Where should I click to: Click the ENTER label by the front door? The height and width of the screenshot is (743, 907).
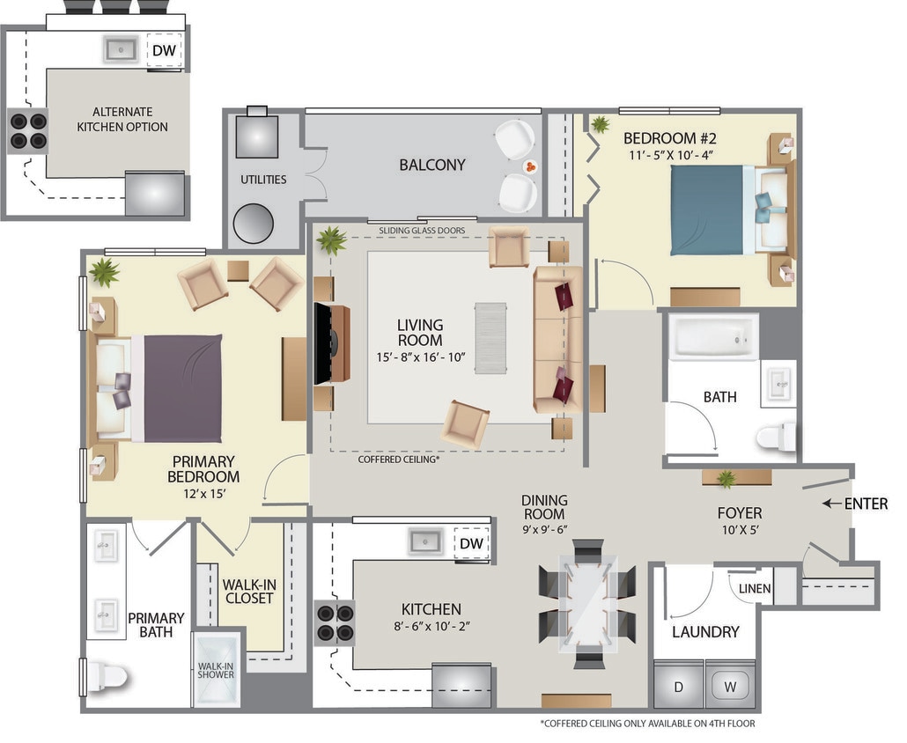pyautogui.click(x=866, y=504)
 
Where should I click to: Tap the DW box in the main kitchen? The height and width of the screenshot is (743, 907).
pyautogui.click(x=471, y=543)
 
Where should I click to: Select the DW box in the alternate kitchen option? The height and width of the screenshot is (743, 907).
pyautogui.click(x=164, y=51)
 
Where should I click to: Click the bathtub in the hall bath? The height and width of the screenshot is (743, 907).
pyautogui.click(x=713, y=336)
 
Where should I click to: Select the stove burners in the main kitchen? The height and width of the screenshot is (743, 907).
pyautogui.click(x=335, y=622)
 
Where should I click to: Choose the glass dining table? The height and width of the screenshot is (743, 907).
pyautogui.click(x=587, y=603)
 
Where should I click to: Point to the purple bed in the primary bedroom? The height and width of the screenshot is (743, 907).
pyautogui.click(x=182, y=387)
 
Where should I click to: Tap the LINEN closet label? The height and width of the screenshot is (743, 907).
pyautogui.click(x=756, y=589)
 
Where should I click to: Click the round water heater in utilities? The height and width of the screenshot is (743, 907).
pyautogui.click(x=254, y=224)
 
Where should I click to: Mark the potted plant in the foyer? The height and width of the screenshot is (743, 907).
pyautogui.click(x=726, y=478)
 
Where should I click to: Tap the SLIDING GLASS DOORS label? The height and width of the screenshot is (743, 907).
pyautogui.click(x=422, y=231)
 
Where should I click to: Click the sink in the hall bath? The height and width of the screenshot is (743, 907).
pyautogui.click(x=777, y=384)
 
